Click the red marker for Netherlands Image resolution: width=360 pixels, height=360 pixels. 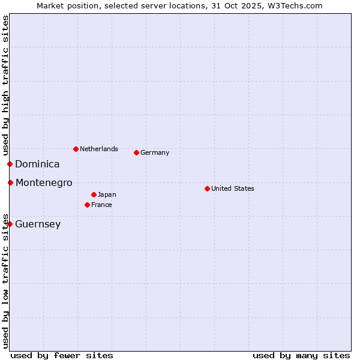[x=76, y=149]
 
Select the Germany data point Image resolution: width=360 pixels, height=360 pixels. [x=136, y=152]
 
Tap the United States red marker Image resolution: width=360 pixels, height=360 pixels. [x=207, y=188]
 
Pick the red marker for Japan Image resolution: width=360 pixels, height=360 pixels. [x=94, y=194]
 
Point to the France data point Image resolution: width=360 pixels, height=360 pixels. [x=87, y=205]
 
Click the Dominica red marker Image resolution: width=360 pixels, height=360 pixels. [x=10, y=164]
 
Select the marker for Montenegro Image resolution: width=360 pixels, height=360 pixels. [x=10, y=182]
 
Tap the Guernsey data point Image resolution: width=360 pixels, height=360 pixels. [x=10, y=224]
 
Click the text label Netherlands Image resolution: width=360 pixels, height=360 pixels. [x=99, y=149]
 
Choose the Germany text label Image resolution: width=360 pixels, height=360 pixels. [x=155, y=152]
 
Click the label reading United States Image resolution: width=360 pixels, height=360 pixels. [x=233, y=188]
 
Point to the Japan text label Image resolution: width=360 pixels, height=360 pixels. [x=107, y=194]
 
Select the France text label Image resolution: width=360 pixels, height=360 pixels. [x=101, y=205]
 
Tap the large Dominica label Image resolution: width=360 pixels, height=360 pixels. [x=37, y=164]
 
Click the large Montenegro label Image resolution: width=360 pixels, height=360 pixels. [x=44, y=182]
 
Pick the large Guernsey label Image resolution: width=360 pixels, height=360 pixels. [x=38, y=224]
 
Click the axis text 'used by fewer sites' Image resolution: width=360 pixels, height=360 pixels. [x=62, y=355]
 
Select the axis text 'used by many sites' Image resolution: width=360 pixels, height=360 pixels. [x=301, y=355]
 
